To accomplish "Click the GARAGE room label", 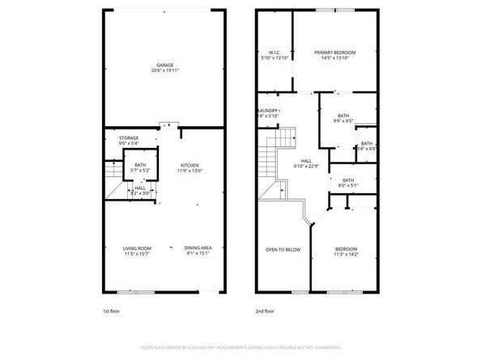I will coord(165,65).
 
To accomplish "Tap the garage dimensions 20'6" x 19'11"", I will coord(165,71).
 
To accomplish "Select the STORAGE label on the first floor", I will coord(129,138).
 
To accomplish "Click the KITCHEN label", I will coord(189,164).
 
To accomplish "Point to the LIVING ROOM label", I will coord(137,248).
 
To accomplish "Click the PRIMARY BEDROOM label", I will coord(334,53).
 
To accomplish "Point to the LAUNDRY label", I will coord(269,111).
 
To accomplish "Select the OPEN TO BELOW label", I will coord(283,249).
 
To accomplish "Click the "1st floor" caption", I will coord(110,311).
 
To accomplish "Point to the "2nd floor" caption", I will coord(265,311).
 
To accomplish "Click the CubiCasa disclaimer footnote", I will coord(240,346).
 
